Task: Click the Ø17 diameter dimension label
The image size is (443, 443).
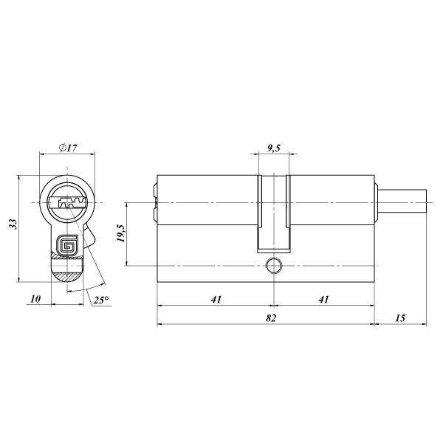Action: click(68, 148)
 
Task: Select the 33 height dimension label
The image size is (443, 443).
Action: click(13, 224)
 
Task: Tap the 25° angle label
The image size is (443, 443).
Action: click(101, 300)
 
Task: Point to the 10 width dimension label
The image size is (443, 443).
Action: click(35, 299)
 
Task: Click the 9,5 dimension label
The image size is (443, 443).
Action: click(273, 148)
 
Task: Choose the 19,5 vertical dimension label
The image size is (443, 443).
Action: click(121, 233)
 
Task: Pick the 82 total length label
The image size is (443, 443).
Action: click(271, 318)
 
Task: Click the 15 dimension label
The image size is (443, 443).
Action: click(400, 318)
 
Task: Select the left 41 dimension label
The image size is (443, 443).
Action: click(216, 300)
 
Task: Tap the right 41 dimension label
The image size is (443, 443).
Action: click(324, 300)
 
